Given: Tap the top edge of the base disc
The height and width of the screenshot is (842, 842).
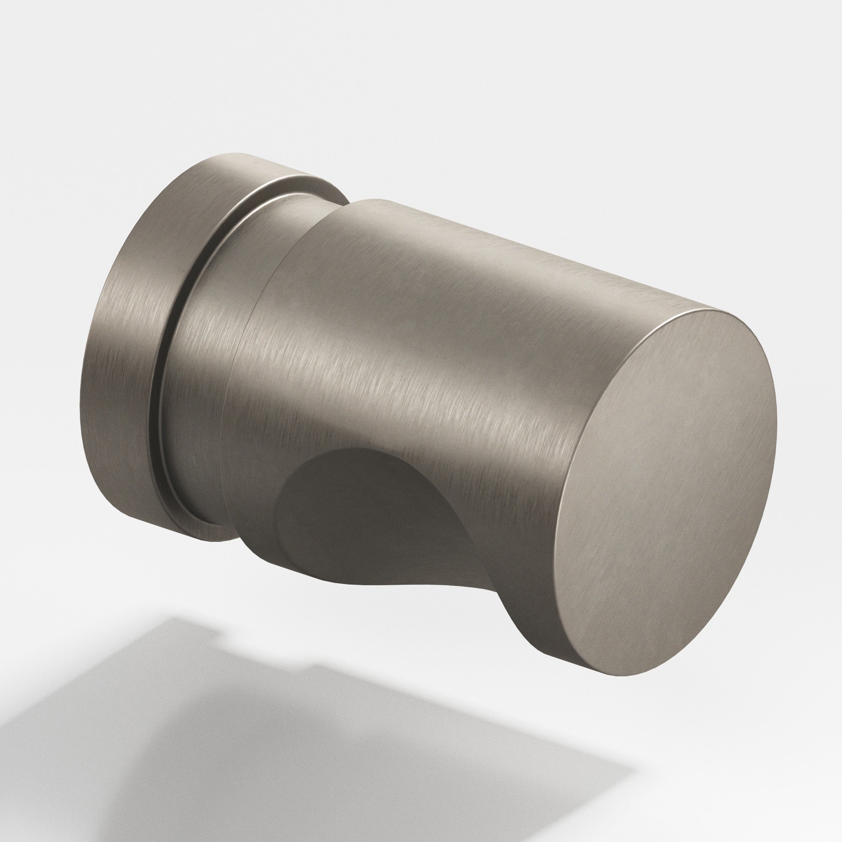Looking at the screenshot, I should [x=244, y=157].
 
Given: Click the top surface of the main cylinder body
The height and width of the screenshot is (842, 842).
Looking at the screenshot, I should [x=480, y=235].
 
